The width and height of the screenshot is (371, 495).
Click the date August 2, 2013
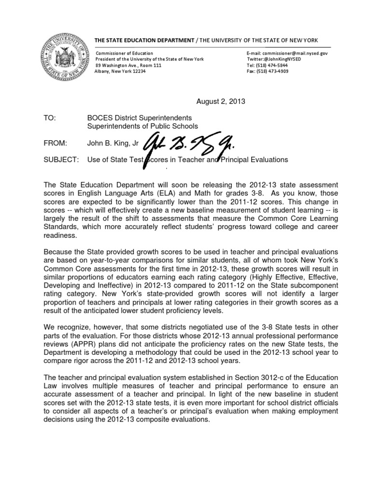221,102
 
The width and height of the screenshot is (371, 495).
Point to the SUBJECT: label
60,160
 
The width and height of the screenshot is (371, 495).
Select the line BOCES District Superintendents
140,117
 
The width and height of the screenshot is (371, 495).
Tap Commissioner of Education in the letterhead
125,53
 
